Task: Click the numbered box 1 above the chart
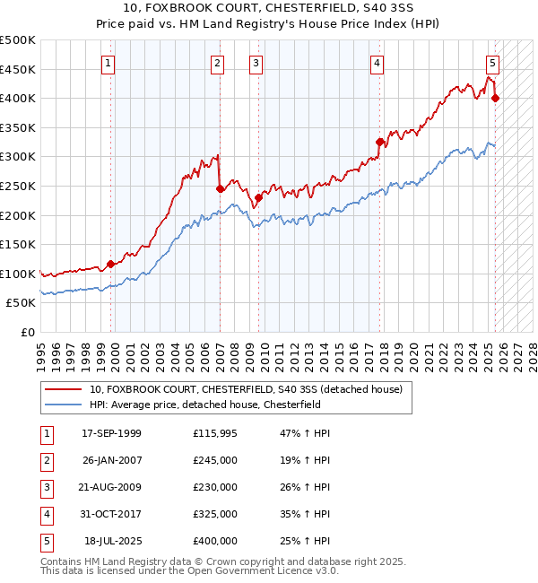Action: point(108,63)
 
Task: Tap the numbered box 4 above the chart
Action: point(377,63)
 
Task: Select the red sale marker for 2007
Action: point(220,188)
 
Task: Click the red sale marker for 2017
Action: point(380,142)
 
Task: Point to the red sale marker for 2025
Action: point(496,98)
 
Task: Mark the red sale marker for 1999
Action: point(111,264)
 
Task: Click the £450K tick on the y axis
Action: point(18,69)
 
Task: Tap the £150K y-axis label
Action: point(18,244)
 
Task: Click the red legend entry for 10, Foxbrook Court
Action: point(247,389)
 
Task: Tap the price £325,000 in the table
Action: point(215,514)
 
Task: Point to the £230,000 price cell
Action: point(215,487)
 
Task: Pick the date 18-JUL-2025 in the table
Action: point(112,541)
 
